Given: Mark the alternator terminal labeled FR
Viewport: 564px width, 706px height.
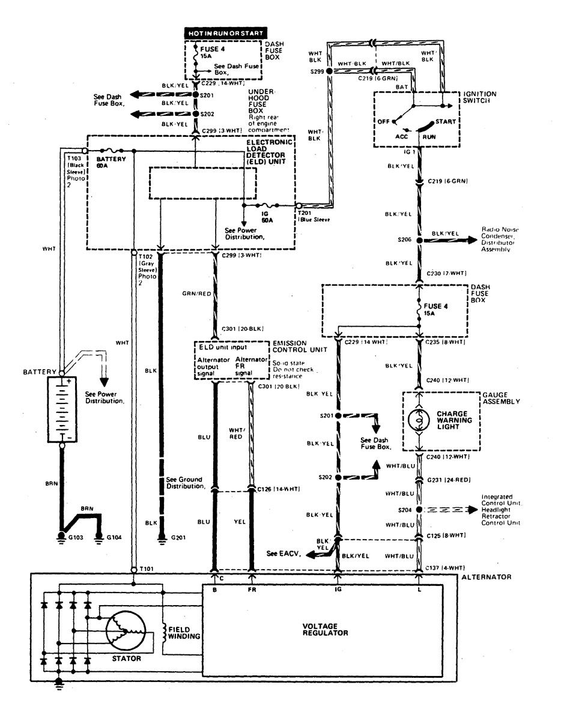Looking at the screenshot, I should click(252, 590).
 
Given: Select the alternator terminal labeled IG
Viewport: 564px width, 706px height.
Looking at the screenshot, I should click(338, 590).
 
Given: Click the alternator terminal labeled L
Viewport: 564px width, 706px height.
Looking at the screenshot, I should click(419, 590).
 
